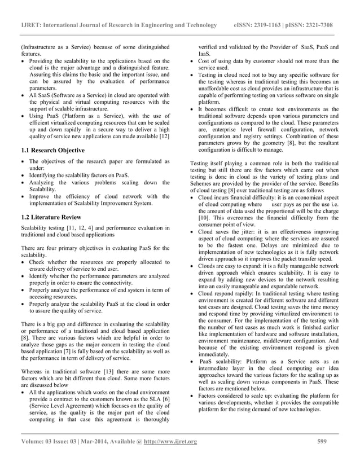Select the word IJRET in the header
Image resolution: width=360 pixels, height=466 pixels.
pos(30,26)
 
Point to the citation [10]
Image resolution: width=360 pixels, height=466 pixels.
pos(204,218)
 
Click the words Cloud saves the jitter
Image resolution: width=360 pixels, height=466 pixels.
pos(228,232)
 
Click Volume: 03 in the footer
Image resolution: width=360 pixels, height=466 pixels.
pos(37,441)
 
